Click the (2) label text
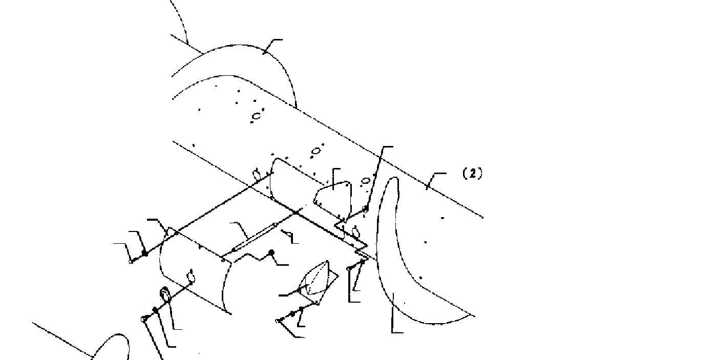(x=472, y=174)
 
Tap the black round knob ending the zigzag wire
(x=271, y=252)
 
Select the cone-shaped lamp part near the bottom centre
(x=317, y=280)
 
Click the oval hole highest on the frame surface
(x=256, y=116)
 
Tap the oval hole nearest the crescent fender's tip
(x=366, y=181)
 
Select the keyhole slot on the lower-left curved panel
(x=192, y=276)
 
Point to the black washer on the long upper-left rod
(x=145, y=253)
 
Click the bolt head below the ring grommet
(x=143, y=319)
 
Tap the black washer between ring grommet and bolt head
(x=156, y=310)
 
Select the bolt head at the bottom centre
(x=280, y=321)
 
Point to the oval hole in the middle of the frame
(x=316, y=151)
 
